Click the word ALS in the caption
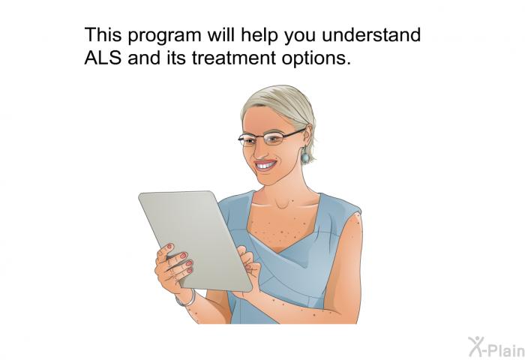[x=103, y=58]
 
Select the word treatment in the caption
[x=234, y=58]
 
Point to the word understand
[x=371, y=34]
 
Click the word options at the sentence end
[x=316, y=58]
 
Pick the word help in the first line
[x=259, y=35]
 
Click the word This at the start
[x=103, y=34]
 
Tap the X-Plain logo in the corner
[x=496, y=346]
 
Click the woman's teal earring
[x=305, y=157]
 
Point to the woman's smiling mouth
[x=265, y=165]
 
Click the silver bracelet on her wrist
[x=187, y=299]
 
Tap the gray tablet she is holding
[x=195, y=240]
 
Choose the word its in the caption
[x=175, y=58]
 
